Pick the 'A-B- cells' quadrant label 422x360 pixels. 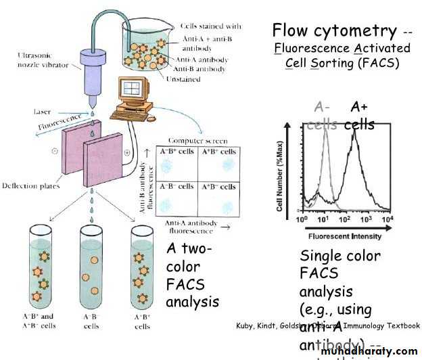[177, 186]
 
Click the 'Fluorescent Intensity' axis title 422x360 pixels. [344, 236]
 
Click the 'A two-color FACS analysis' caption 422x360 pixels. [192, 274]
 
